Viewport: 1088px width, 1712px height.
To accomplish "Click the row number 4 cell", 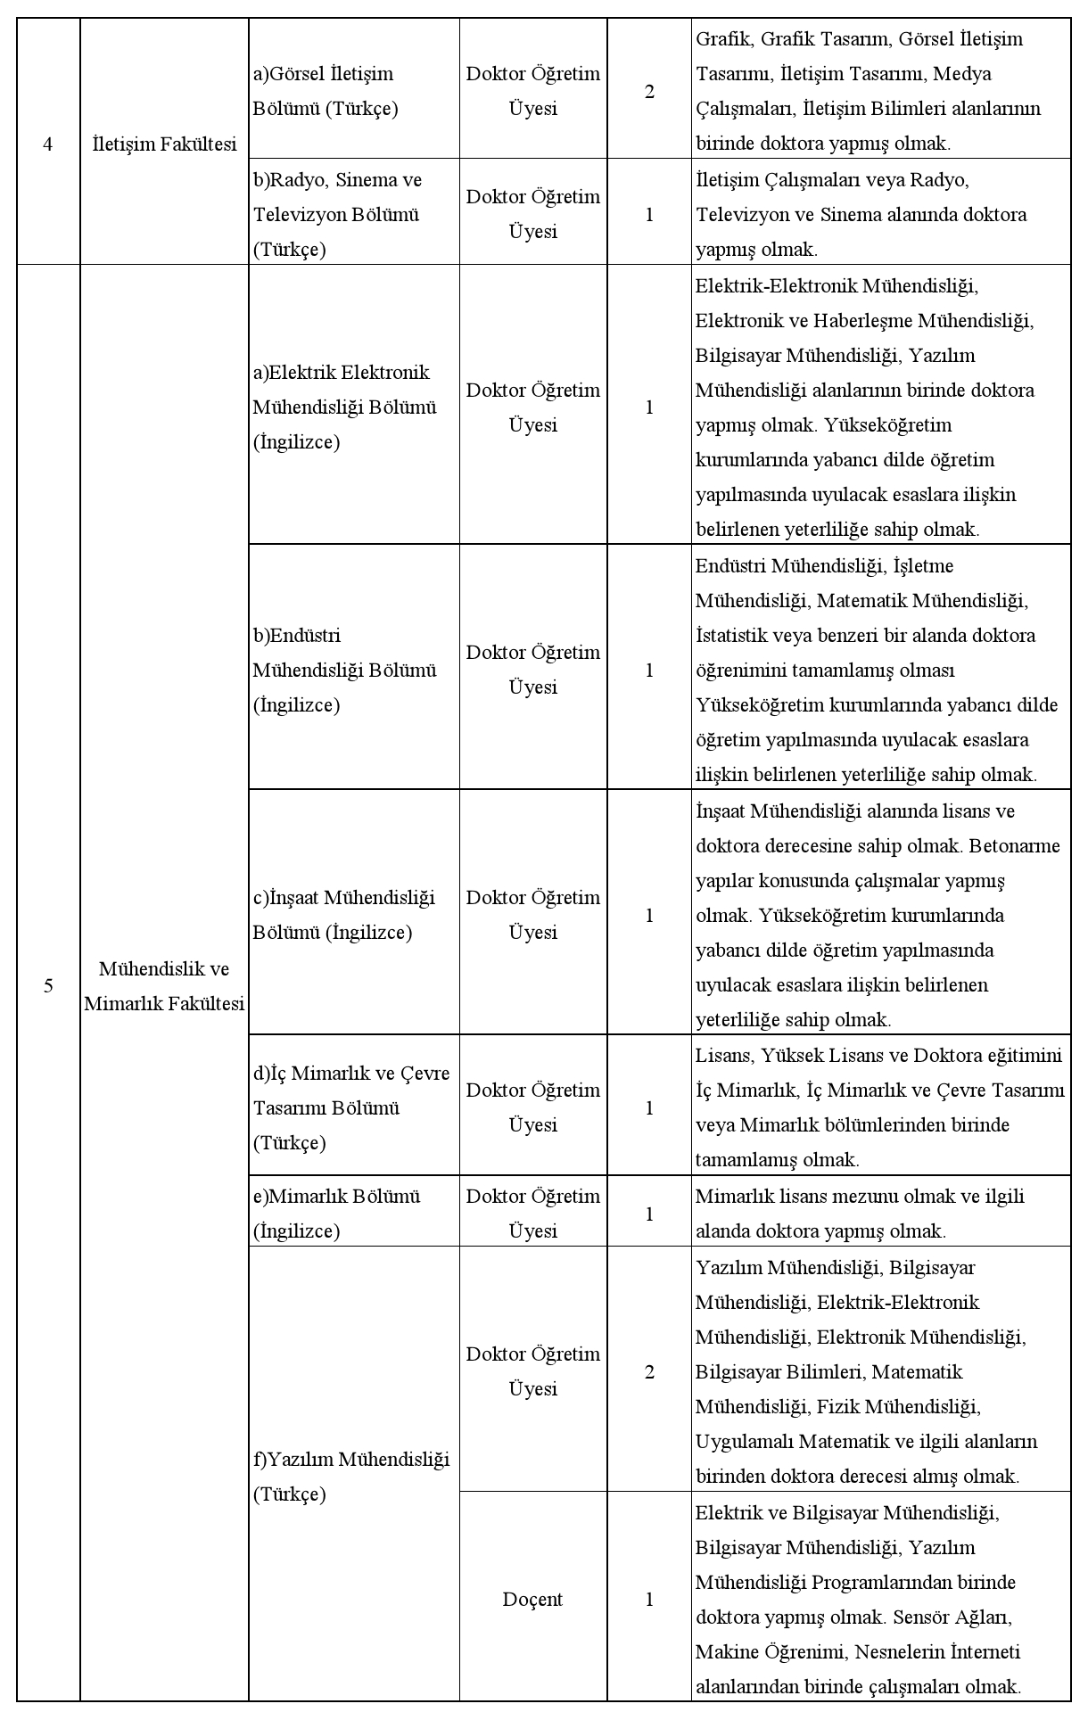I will (x=48, y=144).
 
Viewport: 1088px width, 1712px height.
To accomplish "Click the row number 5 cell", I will (x=48, y=985).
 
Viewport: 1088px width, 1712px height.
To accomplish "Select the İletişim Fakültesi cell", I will (x=164, y=144).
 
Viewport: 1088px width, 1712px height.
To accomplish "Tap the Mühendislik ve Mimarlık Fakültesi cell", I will (x=164, y=985).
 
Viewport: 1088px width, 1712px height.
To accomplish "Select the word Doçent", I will (x=532, y=1599).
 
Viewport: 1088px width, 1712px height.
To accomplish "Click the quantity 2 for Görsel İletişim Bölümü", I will (x=649, y=91).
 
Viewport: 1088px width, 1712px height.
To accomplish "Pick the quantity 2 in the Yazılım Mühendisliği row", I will (x=649, y=1371).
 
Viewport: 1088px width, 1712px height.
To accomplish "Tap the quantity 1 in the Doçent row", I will (x=649, y=1599).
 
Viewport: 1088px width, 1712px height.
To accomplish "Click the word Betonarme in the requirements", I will (x=1015, y=845).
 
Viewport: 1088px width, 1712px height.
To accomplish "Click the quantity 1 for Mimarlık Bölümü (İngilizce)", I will (x=649, y=1214).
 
